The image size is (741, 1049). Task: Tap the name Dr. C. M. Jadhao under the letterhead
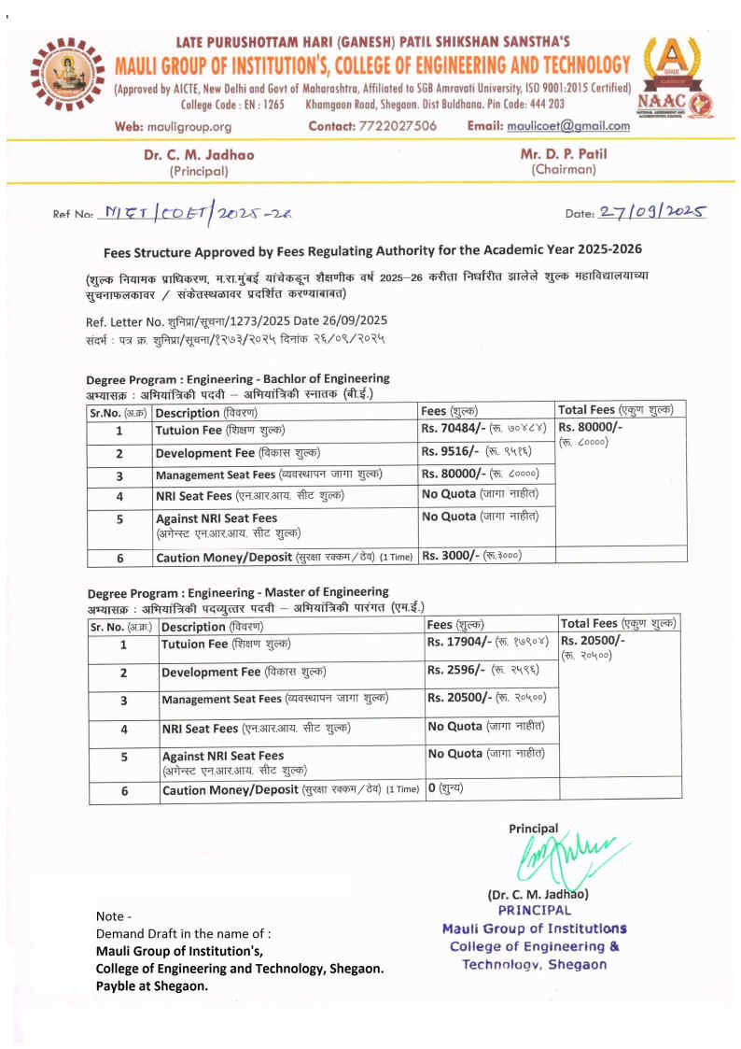pyautogui.click(x=199, y=155)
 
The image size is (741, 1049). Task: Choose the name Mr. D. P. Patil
pyautogui.click(x=563, y=153)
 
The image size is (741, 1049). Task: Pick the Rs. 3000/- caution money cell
pyautogui.click(x=472, y=556)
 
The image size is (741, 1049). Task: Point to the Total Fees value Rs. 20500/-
pyautogui.click(x=593, y=642)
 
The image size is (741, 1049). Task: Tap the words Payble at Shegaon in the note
pyautogui.click(x=152, y=985)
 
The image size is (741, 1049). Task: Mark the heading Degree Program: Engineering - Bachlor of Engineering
pyautogui.click(x=238, y=379)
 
